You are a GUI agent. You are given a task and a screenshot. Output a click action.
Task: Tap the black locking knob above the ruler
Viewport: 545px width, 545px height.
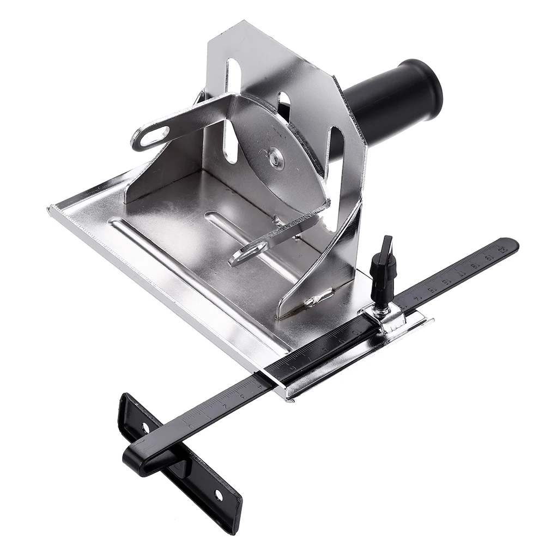[383, 267]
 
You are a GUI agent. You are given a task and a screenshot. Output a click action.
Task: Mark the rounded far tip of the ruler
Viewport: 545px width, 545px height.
[512, 245]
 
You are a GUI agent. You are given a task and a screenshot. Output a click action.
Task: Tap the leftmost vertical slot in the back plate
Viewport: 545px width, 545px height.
[232, 109]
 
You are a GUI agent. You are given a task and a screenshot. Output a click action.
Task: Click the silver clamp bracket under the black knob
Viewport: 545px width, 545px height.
[388, 319]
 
